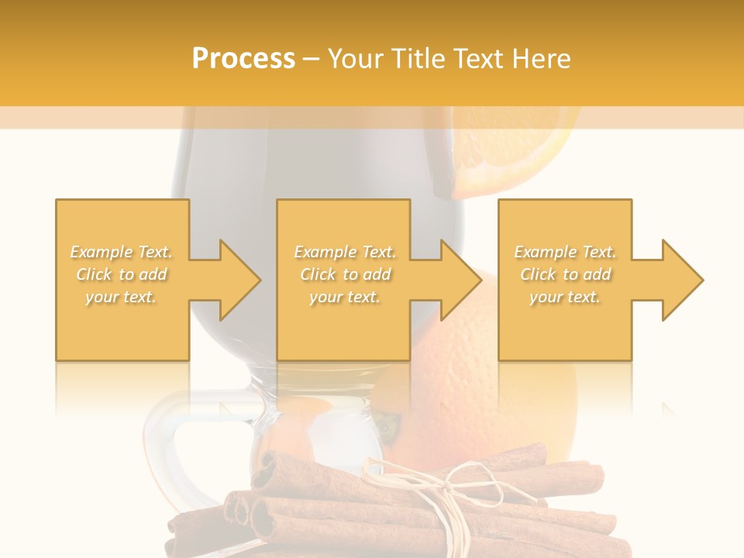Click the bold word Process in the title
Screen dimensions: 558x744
[243, 59]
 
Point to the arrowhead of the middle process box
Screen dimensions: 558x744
[460, 280]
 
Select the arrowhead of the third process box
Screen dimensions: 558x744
[682, 280]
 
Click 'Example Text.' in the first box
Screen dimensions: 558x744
[122, 252]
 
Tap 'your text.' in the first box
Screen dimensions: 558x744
[122, 297]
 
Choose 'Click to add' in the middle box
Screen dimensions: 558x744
[345, 274]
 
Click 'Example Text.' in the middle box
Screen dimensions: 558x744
[345, 252]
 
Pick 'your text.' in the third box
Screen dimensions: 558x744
[565, 297]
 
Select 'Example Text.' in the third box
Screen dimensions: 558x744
[565, 252]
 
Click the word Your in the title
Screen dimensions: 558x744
[357, 59]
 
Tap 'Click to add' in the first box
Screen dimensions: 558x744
[122, 274]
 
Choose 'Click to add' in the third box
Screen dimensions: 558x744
[565, 274]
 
